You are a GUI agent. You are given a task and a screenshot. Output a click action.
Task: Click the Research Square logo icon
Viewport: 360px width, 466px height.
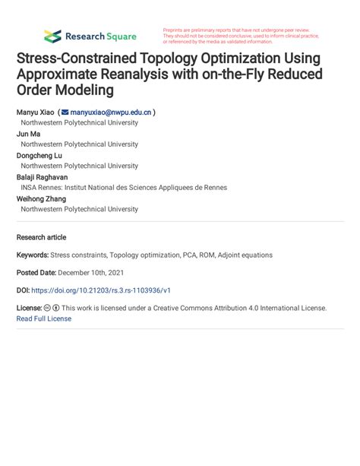click(52, 36)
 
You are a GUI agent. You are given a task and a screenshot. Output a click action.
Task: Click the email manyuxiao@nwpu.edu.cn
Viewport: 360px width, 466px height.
click(112, 112)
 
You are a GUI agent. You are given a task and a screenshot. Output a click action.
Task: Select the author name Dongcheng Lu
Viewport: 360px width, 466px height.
click(39, 155)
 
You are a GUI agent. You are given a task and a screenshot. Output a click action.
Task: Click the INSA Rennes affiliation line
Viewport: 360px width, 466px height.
click(123, 188)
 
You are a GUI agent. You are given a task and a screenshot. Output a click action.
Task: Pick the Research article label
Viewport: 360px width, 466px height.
click(41, 237)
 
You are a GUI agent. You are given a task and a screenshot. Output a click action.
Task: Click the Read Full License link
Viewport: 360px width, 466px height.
click(43, 319)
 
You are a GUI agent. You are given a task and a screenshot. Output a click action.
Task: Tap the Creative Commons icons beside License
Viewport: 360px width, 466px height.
click(52, 308)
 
